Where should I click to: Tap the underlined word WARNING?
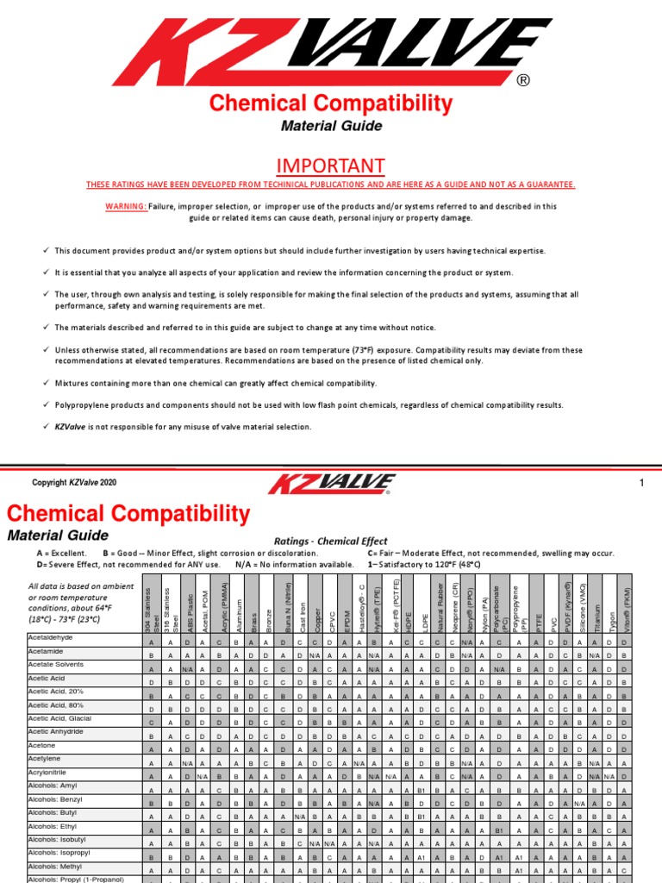click(x=125, y=207)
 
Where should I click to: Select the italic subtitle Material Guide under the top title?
click(x=331, y=126)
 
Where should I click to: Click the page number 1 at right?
click(x=641, y=483)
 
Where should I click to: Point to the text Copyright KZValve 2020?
click(x=74, y=483)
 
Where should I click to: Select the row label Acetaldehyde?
click(x=51, y=636)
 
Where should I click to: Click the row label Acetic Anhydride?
click(x=58, y=730)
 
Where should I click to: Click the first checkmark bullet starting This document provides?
click(x=46, y=250)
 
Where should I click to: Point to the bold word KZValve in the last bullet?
click(x=73, y=426)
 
